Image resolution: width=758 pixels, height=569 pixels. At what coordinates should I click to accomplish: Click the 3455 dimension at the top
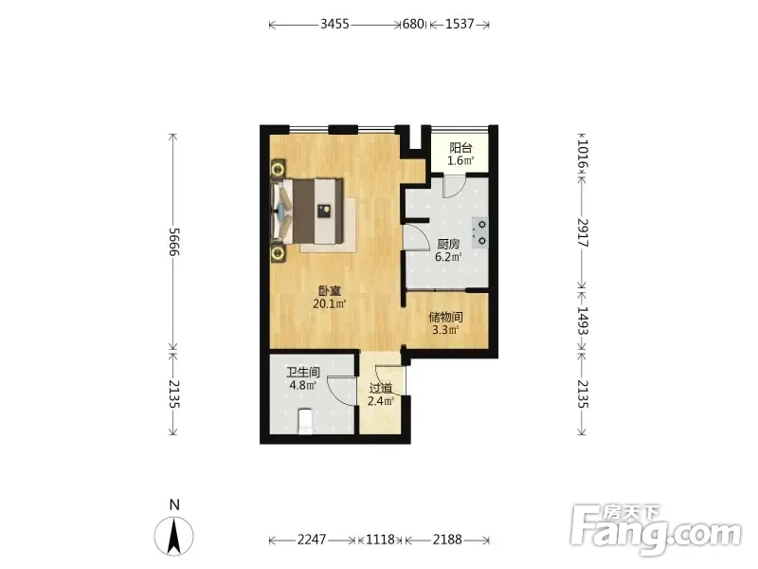334,24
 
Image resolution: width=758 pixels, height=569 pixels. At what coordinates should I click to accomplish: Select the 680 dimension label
413,24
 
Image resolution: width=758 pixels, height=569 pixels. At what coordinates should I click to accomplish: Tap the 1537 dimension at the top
460,24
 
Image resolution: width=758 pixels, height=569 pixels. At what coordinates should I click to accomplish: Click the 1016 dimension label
583,154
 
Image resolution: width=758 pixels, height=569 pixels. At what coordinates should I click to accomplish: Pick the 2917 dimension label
583,232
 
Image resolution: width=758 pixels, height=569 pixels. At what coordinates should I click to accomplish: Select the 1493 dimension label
583,321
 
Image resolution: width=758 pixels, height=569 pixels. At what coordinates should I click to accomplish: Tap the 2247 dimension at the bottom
312,539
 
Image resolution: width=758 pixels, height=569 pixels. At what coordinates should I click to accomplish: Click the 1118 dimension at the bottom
381,539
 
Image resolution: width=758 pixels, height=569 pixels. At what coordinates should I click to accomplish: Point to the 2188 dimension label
447,539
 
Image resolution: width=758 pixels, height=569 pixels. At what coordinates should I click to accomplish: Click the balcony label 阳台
460,148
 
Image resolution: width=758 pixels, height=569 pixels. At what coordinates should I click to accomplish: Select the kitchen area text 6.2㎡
448,257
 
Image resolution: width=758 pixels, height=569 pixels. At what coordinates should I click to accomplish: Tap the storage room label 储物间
445,318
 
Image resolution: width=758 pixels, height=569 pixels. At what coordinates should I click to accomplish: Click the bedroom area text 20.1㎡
330,303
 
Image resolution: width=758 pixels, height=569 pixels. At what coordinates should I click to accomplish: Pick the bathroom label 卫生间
303,373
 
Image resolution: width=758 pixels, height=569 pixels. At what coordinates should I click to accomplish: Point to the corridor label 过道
381,388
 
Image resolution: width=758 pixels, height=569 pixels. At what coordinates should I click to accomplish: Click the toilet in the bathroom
304,421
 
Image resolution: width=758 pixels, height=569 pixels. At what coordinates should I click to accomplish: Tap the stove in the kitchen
479,232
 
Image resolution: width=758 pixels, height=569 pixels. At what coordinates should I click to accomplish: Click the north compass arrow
174,536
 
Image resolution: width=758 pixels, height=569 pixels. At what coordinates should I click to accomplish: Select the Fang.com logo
656,530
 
